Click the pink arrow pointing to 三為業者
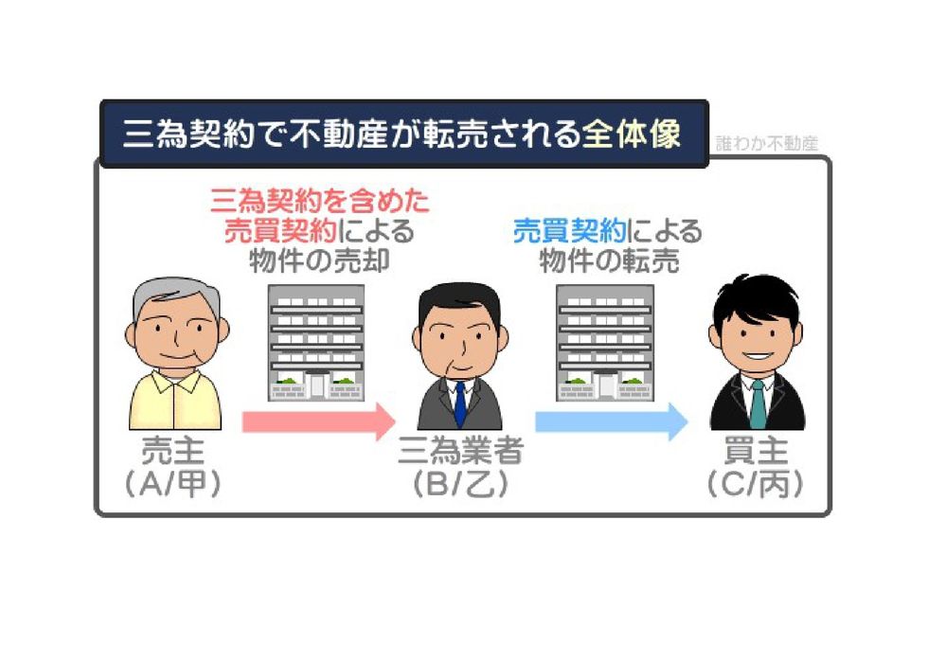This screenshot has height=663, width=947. click(318, 421)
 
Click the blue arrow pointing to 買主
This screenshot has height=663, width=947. click(611, 421)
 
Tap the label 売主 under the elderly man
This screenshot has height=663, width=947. click(172, 451)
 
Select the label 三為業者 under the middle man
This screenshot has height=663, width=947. click(460, 451)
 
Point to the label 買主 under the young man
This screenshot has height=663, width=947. click(756, 451)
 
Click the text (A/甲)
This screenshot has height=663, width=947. click(172, 484)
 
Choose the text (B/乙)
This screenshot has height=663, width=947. click(460, 484)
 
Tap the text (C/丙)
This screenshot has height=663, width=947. click(756, 484)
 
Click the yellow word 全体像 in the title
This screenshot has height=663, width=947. click(631, 134)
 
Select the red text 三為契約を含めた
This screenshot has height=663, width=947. click(319, 201)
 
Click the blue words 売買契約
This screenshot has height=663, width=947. click(569, 231)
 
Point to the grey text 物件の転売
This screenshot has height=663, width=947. click(609, 261)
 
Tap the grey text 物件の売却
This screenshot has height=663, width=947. click(319, 261)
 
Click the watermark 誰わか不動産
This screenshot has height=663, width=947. click(766, 144)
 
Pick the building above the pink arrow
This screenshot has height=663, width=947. click(316, 342)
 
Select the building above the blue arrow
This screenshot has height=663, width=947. click(604, 342)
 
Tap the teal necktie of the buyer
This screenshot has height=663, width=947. click(758, 403)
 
